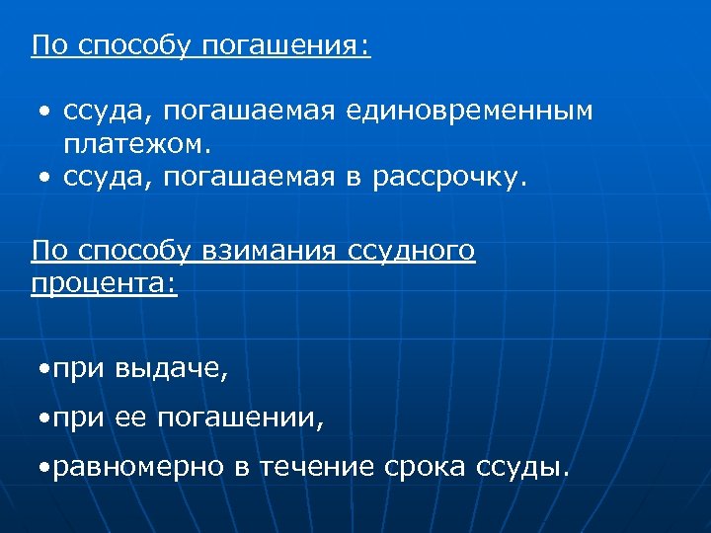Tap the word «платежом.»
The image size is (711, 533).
[x=137, y=144]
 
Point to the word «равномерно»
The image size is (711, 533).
[x=139, y=467]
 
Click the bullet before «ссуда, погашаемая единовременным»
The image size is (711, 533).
[x=45, y=111]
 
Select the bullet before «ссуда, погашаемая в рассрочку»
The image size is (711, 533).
[x=45, y=178]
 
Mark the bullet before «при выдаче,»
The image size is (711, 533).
[x=39, y=370]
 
